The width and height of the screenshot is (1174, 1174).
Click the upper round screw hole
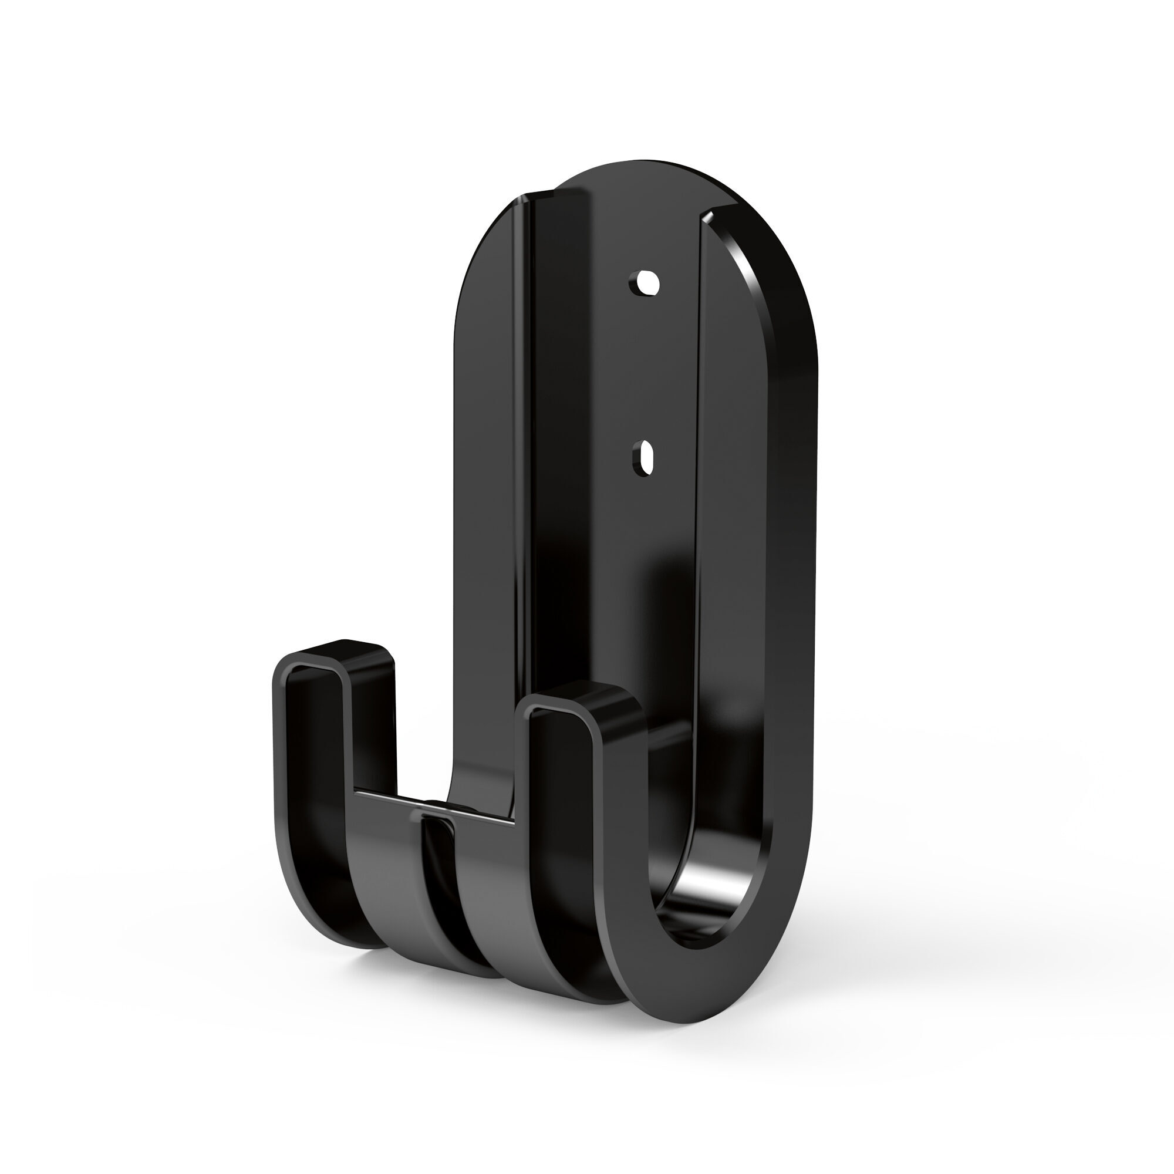point(645,282)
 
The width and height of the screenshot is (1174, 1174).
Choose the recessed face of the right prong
point(559,808)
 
